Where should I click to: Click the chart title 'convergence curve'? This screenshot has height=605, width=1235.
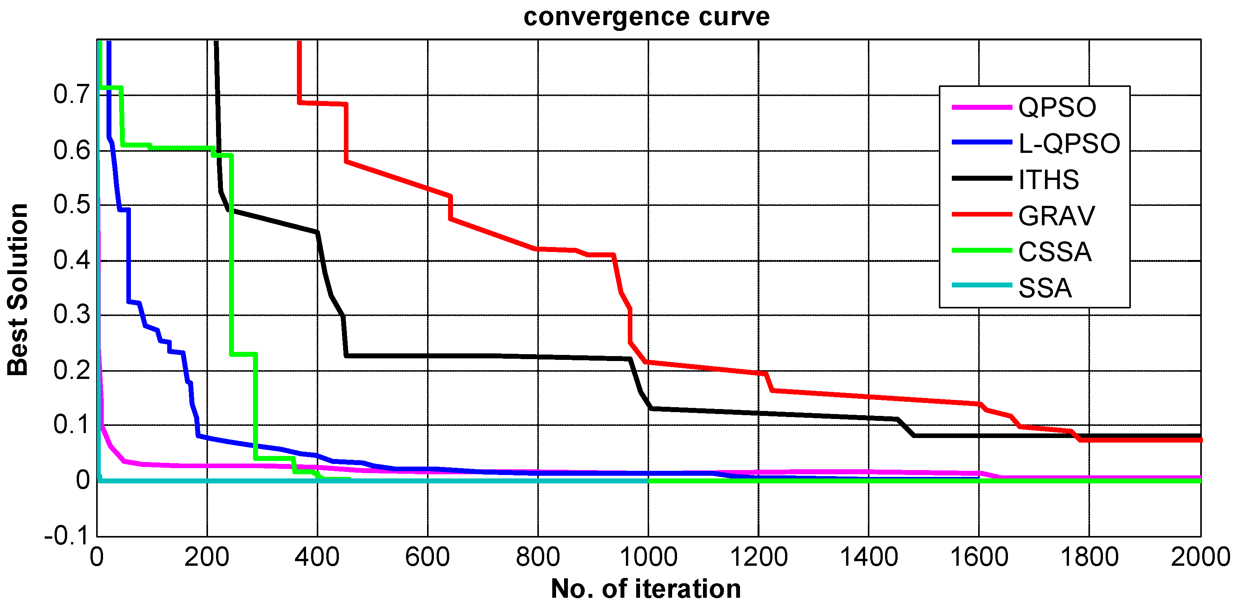[646, 17]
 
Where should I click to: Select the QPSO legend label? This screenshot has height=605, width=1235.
[1057, 107]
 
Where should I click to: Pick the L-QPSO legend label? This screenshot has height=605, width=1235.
[1069, 144]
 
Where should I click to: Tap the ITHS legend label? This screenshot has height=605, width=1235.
[1048, 180]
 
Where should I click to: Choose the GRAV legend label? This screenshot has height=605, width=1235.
[1056, 216]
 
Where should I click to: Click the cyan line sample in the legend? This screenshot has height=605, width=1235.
[981, 286]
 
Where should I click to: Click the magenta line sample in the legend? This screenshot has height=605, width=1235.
[981, 107]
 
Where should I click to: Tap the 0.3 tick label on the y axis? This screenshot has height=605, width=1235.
[71, 315]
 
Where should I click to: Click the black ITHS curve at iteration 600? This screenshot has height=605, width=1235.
[428, 355]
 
